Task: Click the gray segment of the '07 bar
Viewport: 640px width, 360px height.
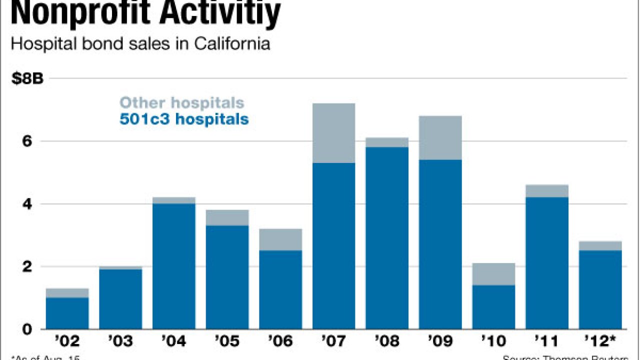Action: (x=333, y=133)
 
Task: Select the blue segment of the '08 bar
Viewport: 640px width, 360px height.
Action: (x=387, y=238)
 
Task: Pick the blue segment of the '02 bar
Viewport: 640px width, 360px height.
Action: (x=67, y=313)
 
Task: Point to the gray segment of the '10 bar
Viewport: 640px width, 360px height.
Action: (x=493, y=274)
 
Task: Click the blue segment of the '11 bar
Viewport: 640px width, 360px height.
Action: (x=547, y=263)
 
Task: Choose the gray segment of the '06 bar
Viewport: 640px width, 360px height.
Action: (x=280, y=239)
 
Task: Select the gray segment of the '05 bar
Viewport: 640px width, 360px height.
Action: (x=227, y=217)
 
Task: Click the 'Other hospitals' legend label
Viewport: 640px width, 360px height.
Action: (x=182, y=103)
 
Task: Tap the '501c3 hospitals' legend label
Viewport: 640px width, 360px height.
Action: (x=184, y=119)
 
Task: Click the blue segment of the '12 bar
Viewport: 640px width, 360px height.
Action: (x=600, y=289)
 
